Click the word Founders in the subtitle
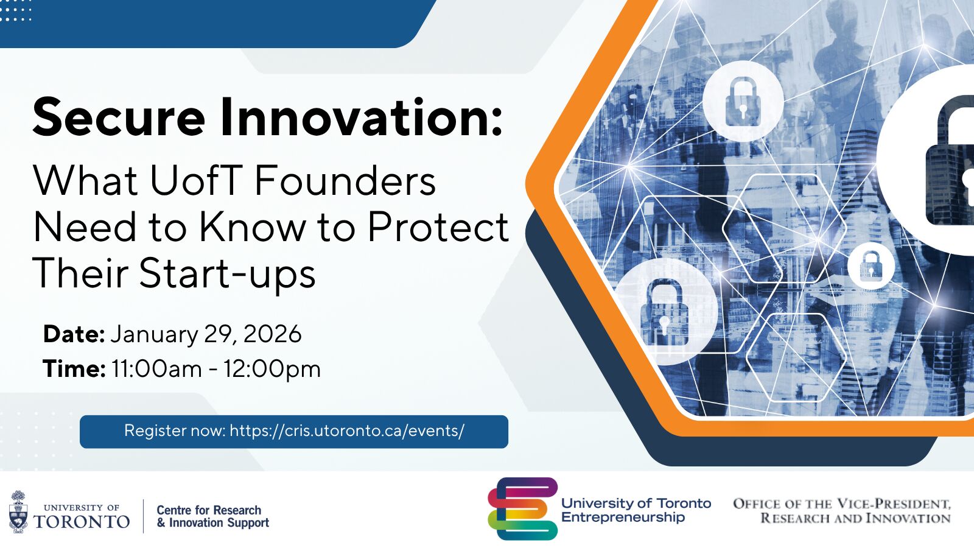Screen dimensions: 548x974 pyautogui.click(x=345, y=181)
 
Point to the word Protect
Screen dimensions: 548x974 pyautogui.click(x=438, y=227)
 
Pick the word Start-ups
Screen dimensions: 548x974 pyautogui.click(x=227, y=273)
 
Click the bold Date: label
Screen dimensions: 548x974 pyautogui.click(x=74, y=334)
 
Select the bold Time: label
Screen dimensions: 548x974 pyautogui.click(x=74, y=369)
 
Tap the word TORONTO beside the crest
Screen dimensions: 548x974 pyautogui.click(x=82, y=522)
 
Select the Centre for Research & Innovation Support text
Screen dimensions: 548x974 pyautogui.click(x=212, y=516)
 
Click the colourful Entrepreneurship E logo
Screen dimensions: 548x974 pyautogui.click(x=522, y=508)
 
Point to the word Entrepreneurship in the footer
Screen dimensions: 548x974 pyautogui.click(x=623, y=518)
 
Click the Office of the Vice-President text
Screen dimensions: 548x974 pyautogui.click(x=842, y=504)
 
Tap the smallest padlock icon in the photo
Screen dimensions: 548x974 pyautogui.click(x=871, y=265)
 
